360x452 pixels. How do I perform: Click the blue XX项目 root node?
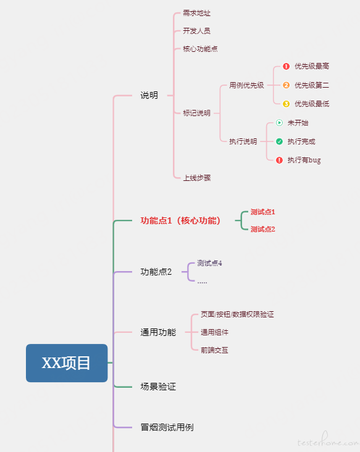(x=67, y=363)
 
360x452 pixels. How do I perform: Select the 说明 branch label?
(x=149, y=96)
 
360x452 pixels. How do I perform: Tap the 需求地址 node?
(x=196, y=13)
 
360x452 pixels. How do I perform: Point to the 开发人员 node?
(x=196, y=31)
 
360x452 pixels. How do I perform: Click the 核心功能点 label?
(x=200, y=49)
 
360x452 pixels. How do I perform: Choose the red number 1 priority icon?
(x=286, y=66)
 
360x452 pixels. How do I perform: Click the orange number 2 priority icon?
(x=286, y=85)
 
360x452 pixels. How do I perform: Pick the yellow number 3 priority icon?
(x=286, y=104)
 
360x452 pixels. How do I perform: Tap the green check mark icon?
(x=279, y=141)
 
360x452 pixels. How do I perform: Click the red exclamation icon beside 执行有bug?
(x=279, y=161)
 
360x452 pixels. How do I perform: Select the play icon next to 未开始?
(x=279, y=123)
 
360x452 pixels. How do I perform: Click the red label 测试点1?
(x=262, y=212)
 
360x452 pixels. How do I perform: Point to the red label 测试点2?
(x=262, y=230)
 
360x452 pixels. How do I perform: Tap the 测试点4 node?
(x=209, y=263)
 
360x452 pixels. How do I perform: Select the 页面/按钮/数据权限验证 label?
(x=237, y=314)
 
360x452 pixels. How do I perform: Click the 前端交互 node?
(x=214, y=350)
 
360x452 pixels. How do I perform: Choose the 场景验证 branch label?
(x=158, y=387)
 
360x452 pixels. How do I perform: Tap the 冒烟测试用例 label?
(x=167, y=427)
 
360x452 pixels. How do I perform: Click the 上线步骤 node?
(x=197, y=178)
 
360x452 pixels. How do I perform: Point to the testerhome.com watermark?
(x=328, y=440)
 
